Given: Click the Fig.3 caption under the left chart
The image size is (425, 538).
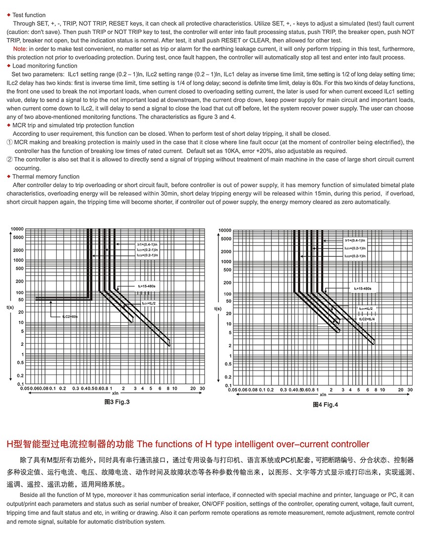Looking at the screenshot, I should point(117,402).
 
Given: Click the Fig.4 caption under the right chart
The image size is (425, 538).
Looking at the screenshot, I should point(325,405).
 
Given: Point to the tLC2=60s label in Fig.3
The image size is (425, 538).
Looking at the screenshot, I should point(70,316).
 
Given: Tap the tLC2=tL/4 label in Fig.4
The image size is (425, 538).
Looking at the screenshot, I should point(369,319).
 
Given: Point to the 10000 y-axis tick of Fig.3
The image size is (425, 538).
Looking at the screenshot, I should point(17,229).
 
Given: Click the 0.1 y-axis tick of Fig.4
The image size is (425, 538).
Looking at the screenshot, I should point(228,385).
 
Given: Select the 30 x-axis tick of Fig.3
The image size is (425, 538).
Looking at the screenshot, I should point(202,389).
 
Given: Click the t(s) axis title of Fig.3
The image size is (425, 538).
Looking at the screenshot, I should point(10,307).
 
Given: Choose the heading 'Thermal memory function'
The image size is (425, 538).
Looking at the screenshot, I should point(45,176).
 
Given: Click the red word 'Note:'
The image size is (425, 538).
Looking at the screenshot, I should point(20,48).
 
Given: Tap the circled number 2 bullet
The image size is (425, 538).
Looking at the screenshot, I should point(9,160).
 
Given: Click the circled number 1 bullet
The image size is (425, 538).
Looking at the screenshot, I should point(9,142).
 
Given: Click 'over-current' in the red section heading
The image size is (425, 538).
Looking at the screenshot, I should point(282,444).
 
